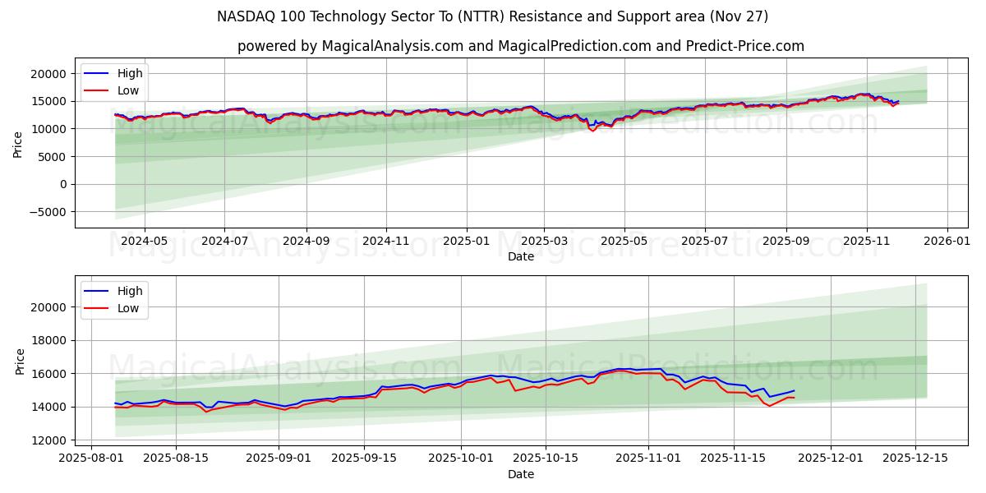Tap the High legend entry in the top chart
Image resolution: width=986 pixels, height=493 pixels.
(x=130, y=74)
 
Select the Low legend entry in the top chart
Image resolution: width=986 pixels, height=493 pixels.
(x=128, y=90)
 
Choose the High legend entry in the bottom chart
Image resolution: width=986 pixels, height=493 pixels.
(x=130, y=291)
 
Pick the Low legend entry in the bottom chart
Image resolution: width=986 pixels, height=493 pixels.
(x=128, y=308)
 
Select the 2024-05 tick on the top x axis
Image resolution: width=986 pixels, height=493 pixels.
(x=145, y=241)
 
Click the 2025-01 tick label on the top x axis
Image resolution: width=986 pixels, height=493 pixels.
(x=467, y=241)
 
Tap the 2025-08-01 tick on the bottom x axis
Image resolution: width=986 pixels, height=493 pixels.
(x=92, y=458)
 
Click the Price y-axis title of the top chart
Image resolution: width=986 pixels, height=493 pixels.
(x=18, y=144)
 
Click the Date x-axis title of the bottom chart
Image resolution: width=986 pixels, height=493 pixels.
(x=521, y=474)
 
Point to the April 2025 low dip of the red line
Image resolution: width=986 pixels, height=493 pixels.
(x=592, y=131)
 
